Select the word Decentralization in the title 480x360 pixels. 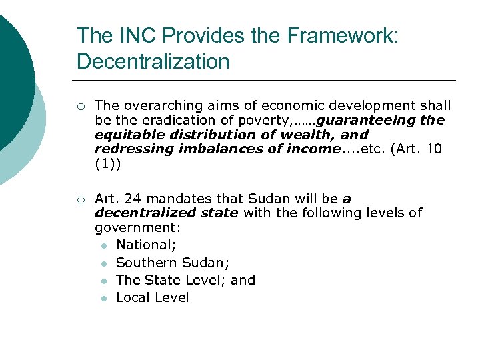(153, 62)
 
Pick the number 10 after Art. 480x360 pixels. (434, 149)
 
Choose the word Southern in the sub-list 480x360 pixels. (145, 263)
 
